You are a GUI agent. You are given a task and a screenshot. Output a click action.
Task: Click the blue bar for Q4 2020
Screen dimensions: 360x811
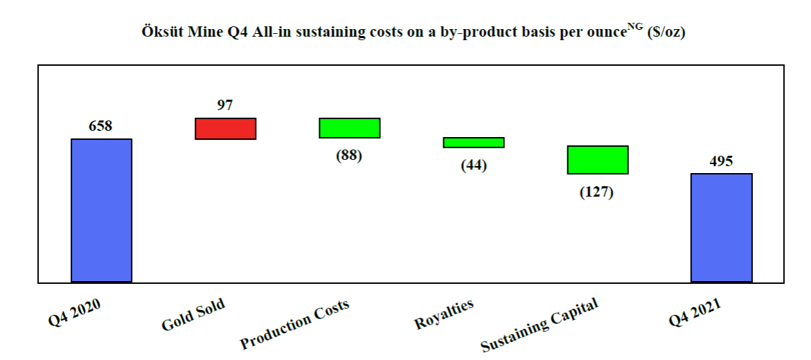(x=101, y=210)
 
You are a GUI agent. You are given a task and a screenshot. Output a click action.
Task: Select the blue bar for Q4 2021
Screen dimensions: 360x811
(x=722, y=228)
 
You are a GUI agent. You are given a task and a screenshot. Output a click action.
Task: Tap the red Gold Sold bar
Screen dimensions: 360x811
(x=225, y=129)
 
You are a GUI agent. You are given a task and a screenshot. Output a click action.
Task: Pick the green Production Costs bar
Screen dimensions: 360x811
(x=349, y=128)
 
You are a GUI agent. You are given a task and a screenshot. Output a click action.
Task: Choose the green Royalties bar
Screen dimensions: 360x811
(x=474, y=143)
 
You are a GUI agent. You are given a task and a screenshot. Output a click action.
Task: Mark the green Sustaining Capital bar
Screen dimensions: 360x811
(x=598, y=160)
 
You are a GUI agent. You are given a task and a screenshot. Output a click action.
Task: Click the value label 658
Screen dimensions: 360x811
(x=100, y=127)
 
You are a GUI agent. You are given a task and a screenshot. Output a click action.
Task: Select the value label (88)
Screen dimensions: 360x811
(x=349, y=155)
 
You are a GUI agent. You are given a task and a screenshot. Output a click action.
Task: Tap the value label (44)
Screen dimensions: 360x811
(x=474, y=166)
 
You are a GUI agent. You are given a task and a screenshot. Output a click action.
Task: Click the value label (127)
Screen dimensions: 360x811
(x=597, y=192)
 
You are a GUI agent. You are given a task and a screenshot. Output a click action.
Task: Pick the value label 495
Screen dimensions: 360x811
(x=721, y=161)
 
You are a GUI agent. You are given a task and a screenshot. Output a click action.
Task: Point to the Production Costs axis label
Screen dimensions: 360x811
(x=294, y=325)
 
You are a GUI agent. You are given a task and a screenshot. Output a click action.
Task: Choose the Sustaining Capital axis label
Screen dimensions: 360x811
(x=539, y=326)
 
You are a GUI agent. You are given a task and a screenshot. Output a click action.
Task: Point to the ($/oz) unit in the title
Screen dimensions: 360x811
(x=666, y=33)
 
